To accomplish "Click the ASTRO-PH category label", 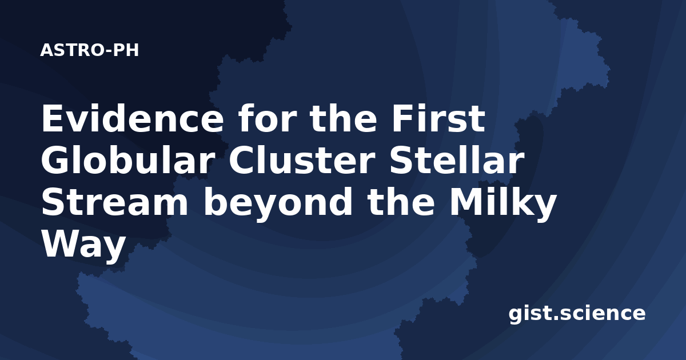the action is click(x=89, y=50).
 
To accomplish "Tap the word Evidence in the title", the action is click(x=132, y=119).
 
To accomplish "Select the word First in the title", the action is click(x=438, y=118).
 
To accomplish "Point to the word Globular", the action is click(x=127, y=159).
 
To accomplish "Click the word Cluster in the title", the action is click(x=302, y=159).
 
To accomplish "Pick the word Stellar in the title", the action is click(x=456, y=159).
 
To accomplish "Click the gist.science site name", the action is click(x=577, y=314).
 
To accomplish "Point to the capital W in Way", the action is click(x=62, y=243).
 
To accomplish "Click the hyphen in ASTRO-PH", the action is click(x=108, y=51).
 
